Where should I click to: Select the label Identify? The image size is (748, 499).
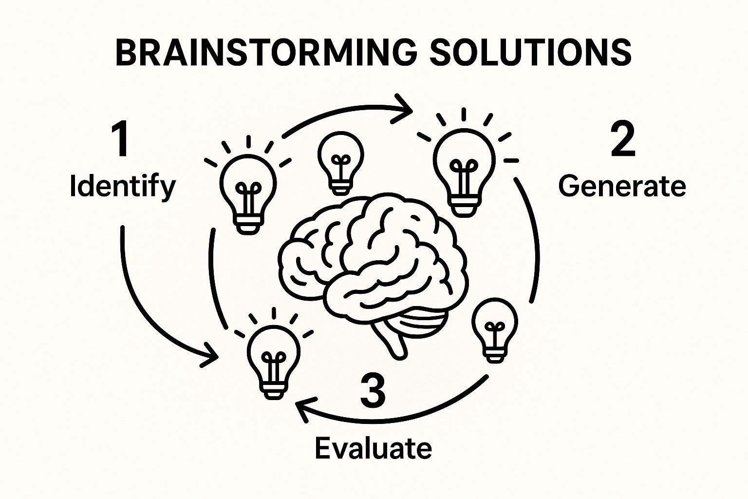click(122, 187)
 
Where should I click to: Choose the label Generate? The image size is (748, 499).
click(622, 187)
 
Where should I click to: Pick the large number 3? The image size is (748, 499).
click(373, 391)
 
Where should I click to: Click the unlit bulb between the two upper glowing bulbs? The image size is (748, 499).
click(340, 161)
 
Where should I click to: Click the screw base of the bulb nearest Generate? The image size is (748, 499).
click(464, 205)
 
